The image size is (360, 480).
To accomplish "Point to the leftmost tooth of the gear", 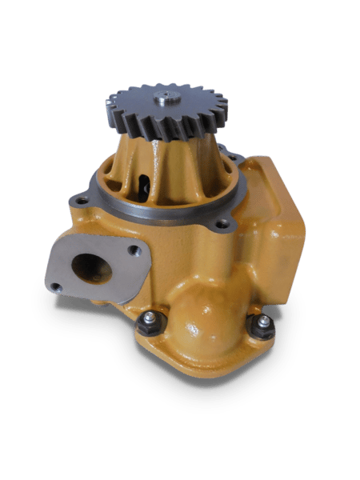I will click(x=109, y=105).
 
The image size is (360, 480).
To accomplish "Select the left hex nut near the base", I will click(x=150, y=325).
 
